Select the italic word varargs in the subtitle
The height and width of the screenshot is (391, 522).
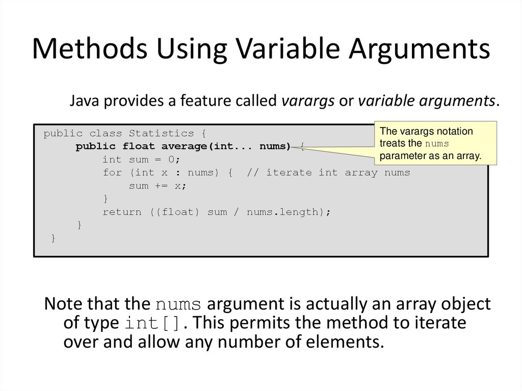(x=308, y=100)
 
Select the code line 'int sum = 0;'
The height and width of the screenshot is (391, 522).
(x=141, y=160)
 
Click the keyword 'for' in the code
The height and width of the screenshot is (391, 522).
(x=112, y=173)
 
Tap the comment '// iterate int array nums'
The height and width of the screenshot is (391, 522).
(x=328, y=173)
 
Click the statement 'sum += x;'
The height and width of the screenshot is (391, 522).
(x=158, y=186)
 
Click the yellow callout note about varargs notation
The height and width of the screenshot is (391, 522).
(x=435, y=143)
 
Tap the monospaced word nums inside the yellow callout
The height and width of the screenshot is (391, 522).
(x=436, y=144)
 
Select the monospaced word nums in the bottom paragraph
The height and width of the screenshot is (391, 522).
(x=181, y=305)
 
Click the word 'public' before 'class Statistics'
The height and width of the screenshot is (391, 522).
(x=63, y=134)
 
